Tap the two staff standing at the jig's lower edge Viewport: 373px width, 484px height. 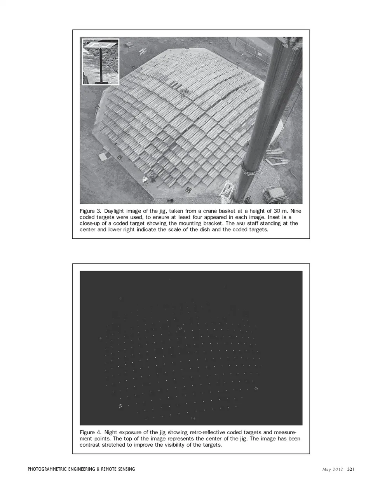point(149,179)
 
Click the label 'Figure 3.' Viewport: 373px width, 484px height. point(90,211)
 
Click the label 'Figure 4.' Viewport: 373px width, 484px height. point(90,432)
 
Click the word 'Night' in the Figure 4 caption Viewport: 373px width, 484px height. point(112,432)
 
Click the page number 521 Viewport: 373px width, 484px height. point(350,469)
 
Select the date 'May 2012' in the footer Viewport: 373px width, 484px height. point(333,469)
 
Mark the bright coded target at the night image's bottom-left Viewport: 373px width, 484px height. point(120,405)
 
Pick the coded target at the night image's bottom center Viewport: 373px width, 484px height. point(193,418)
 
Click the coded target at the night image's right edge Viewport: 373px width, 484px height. point(256,388)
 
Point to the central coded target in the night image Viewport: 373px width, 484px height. point(180,329)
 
